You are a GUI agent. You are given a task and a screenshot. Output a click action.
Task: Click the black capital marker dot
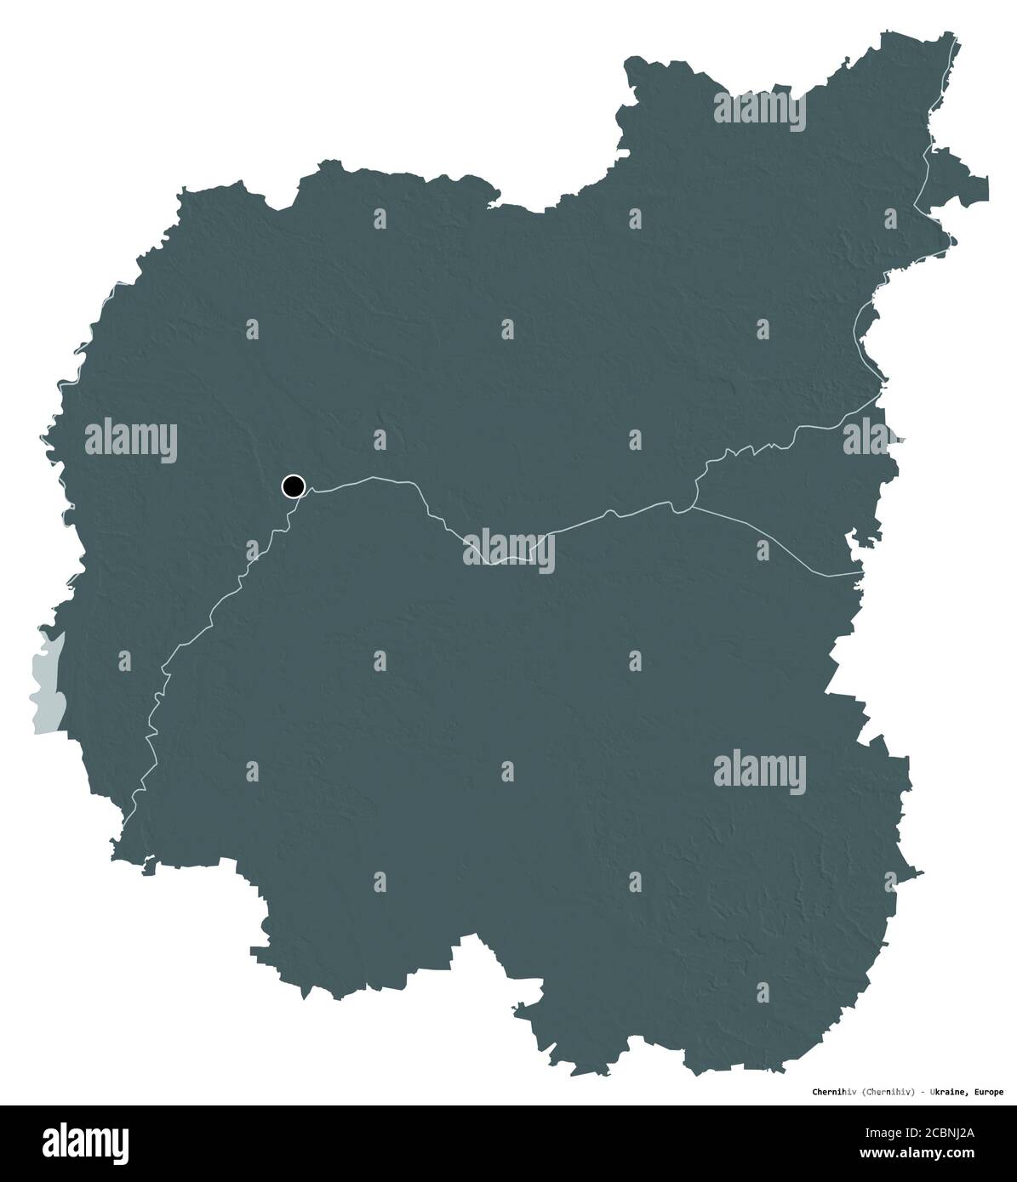pos(294,486)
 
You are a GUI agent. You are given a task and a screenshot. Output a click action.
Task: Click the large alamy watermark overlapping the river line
pos(509,549)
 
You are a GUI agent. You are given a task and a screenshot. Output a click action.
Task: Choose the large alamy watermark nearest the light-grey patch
pos(131,440)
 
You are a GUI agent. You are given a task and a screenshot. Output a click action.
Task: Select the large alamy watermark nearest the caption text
pos(759,772)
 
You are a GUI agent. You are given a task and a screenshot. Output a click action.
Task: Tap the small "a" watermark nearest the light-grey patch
pos(125,661)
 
